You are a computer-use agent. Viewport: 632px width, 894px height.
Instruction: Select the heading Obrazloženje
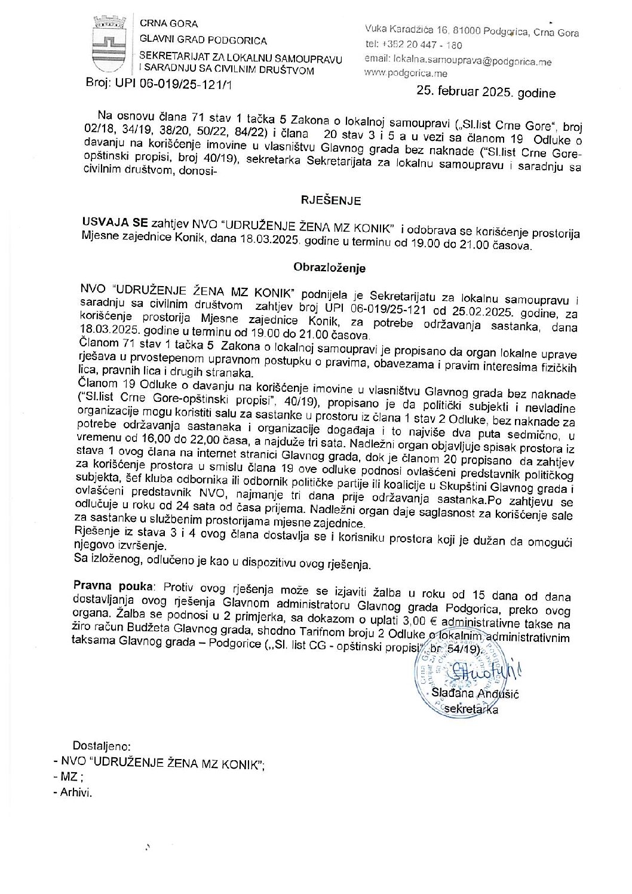tap(329, 268)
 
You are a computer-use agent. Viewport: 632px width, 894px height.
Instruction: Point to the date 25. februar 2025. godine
tap(486, 93)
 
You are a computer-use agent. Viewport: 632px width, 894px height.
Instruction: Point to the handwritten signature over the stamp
tap(481, 671)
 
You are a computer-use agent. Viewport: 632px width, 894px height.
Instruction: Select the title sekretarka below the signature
tap(474, 709)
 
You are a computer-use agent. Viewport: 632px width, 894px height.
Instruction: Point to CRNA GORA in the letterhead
tap(168, 24)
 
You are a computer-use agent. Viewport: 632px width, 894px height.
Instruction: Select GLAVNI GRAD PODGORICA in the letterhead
tap(203, 41)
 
